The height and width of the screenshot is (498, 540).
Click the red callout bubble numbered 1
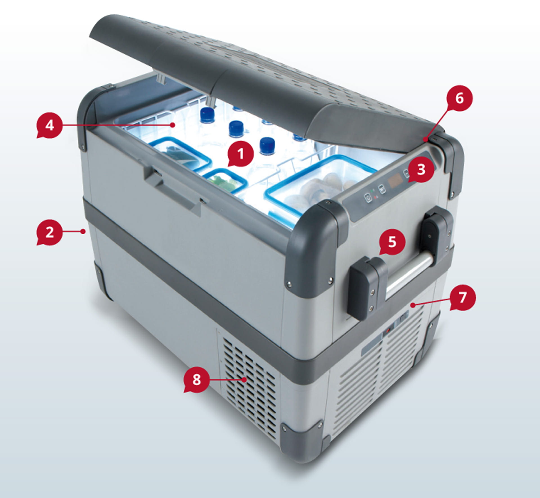240,154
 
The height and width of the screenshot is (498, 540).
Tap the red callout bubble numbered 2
49,233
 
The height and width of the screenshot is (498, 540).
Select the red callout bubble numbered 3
421,170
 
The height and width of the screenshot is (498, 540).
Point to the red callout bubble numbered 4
49,125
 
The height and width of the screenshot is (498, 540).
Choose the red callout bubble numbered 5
392,242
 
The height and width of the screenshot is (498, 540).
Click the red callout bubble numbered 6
460,98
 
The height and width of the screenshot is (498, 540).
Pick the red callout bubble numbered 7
463,297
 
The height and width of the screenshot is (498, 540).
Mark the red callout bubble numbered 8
197,379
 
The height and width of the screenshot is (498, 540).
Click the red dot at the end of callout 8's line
245,379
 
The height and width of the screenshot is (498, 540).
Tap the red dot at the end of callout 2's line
83,231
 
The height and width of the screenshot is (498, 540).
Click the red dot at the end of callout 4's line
172,124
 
